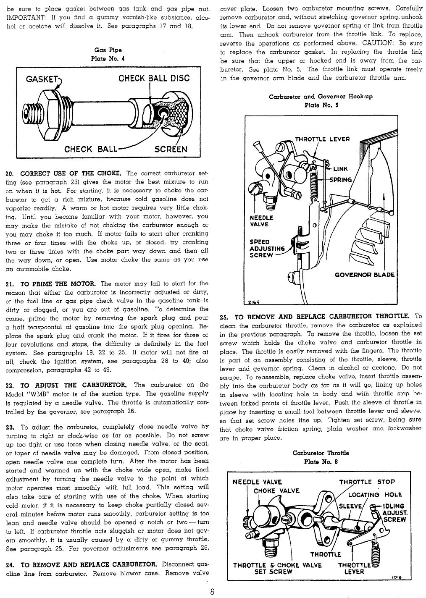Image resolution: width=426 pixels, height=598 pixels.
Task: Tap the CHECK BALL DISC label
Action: (x=154, y=79)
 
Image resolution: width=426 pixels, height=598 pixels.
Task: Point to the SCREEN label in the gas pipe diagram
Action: (x=171, y=149)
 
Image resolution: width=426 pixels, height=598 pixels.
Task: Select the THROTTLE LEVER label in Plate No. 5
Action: (x=322, y=139)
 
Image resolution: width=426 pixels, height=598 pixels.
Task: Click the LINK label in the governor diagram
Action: (x=340, y=169)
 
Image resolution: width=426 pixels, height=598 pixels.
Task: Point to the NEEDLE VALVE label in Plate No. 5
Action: (x=261, y=221)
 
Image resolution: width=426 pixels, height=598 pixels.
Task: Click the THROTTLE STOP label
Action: (x=367, y=482)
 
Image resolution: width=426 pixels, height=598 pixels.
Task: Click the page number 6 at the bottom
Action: (x=213, y=592)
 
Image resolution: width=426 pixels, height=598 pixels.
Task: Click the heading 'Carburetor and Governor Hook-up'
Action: (x=321, y=97)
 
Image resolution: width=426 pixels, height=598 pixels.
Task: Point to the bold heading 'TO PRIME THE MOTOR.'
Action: (x=59, y=283)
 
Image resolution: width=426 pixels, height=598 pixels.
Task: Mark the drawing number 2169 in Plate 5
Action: (x=253, y=302)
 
